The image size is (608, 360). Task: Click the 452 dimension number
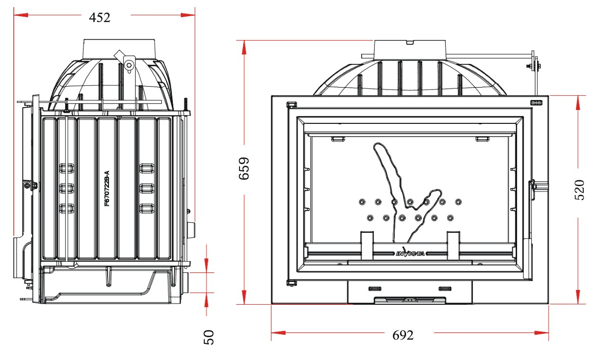[100, 18]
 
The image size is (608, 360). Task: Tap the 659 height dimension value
[244, 168]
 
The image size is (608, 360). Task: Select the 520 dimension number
[579, 190]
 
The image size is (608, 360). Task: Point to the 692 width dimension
[403, 335]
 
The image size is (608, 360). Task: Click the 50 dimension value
[209, 338]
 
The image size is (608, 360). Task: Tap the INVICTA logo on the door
[410, 253]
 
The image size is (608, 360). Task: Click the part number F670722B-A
[107, 188]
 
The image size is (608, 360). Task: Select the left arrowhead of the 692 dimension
[278, 333]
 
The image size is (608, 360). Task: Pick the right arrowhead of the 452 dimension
[188, 15]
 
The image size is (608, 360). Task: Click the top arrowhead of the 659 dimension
[244, 47]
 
